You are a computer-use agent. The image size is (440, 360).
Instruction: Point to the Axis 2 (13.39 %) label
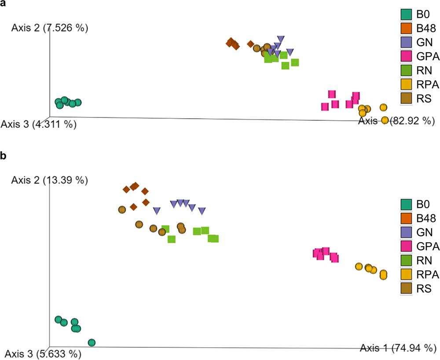click(50, 180)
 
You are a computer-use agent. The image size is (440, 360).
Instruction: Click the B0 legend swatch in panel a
click(406, 15)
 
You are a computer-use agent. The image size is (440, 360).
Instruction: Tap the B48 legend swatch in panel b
click(406, 218)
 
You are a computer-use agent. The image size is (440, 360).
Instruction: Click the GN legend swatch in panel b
click(406, 232)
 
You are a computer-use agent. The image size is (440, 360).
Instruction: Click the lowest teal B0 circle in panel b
click(92, 342)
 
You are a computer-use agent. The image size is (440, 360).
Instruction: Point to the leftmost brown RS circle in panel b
click(122, 210)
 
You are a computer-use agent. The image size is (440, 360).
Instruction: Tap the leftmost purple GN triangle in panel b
click(157, 211)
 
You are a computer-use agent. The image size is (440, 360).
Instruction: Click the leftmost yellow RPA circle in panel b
click(359, 266)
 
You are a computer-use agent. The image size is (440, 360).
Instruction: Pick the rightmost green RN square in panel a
click(295, 62)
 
